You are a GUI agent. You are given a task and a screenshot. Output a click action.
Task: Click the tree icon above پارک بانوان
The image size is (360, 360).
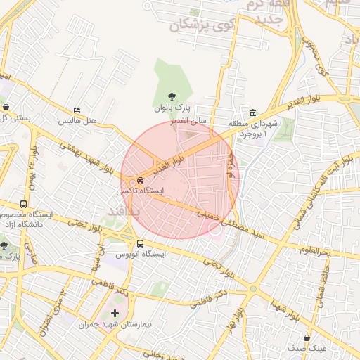click(172, 97)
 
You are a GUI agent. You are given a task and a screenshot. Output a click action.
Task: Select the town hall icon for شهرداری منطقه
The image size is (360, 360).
click(252, 113)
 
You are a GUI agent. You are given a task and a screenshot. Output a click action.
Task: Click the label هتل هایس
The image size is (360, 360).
click(77, 121)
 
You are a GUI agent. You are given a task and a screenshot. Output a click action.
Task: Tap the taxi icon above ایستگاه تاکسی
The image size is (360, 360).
click(140, 179)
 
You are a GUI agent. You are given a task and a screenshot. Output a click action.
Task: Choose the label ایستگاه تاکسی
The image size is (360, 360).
click(141, 191)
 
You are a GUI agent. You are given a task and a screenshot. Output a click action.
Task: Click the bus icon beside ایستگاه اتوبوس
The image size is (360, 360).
click(140, 243)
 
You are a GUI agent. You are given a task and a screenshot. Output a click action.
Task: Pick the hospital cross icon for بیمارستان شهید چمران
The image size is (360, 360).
click(115, 312)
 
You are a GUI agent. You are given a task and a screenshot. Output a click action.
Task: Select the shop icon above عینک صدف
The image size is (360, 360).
click(307, 337)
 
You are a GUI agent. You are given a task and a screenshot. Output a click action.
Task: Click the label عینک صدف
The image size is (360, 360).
click(307, 348)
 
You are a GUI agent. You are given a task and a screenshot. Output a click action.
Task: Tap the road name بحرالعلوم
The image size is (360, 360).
click(315, 250)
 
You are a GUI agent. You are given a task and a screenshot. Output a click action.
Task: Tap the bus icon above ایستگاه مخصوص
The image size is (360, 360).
click(24, 205)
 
